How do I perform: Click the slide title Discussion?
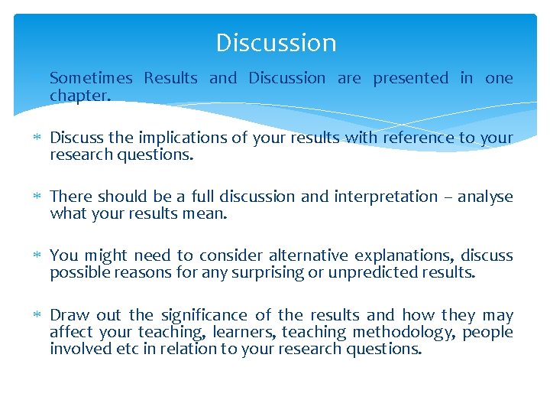click(276, 43)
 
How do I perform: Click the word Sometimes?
click(91, 78)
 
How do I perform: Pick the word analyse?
click(485, 197)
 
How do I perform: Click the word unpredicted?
click(366, 273)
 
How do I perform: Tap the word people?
click(487, 332)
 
